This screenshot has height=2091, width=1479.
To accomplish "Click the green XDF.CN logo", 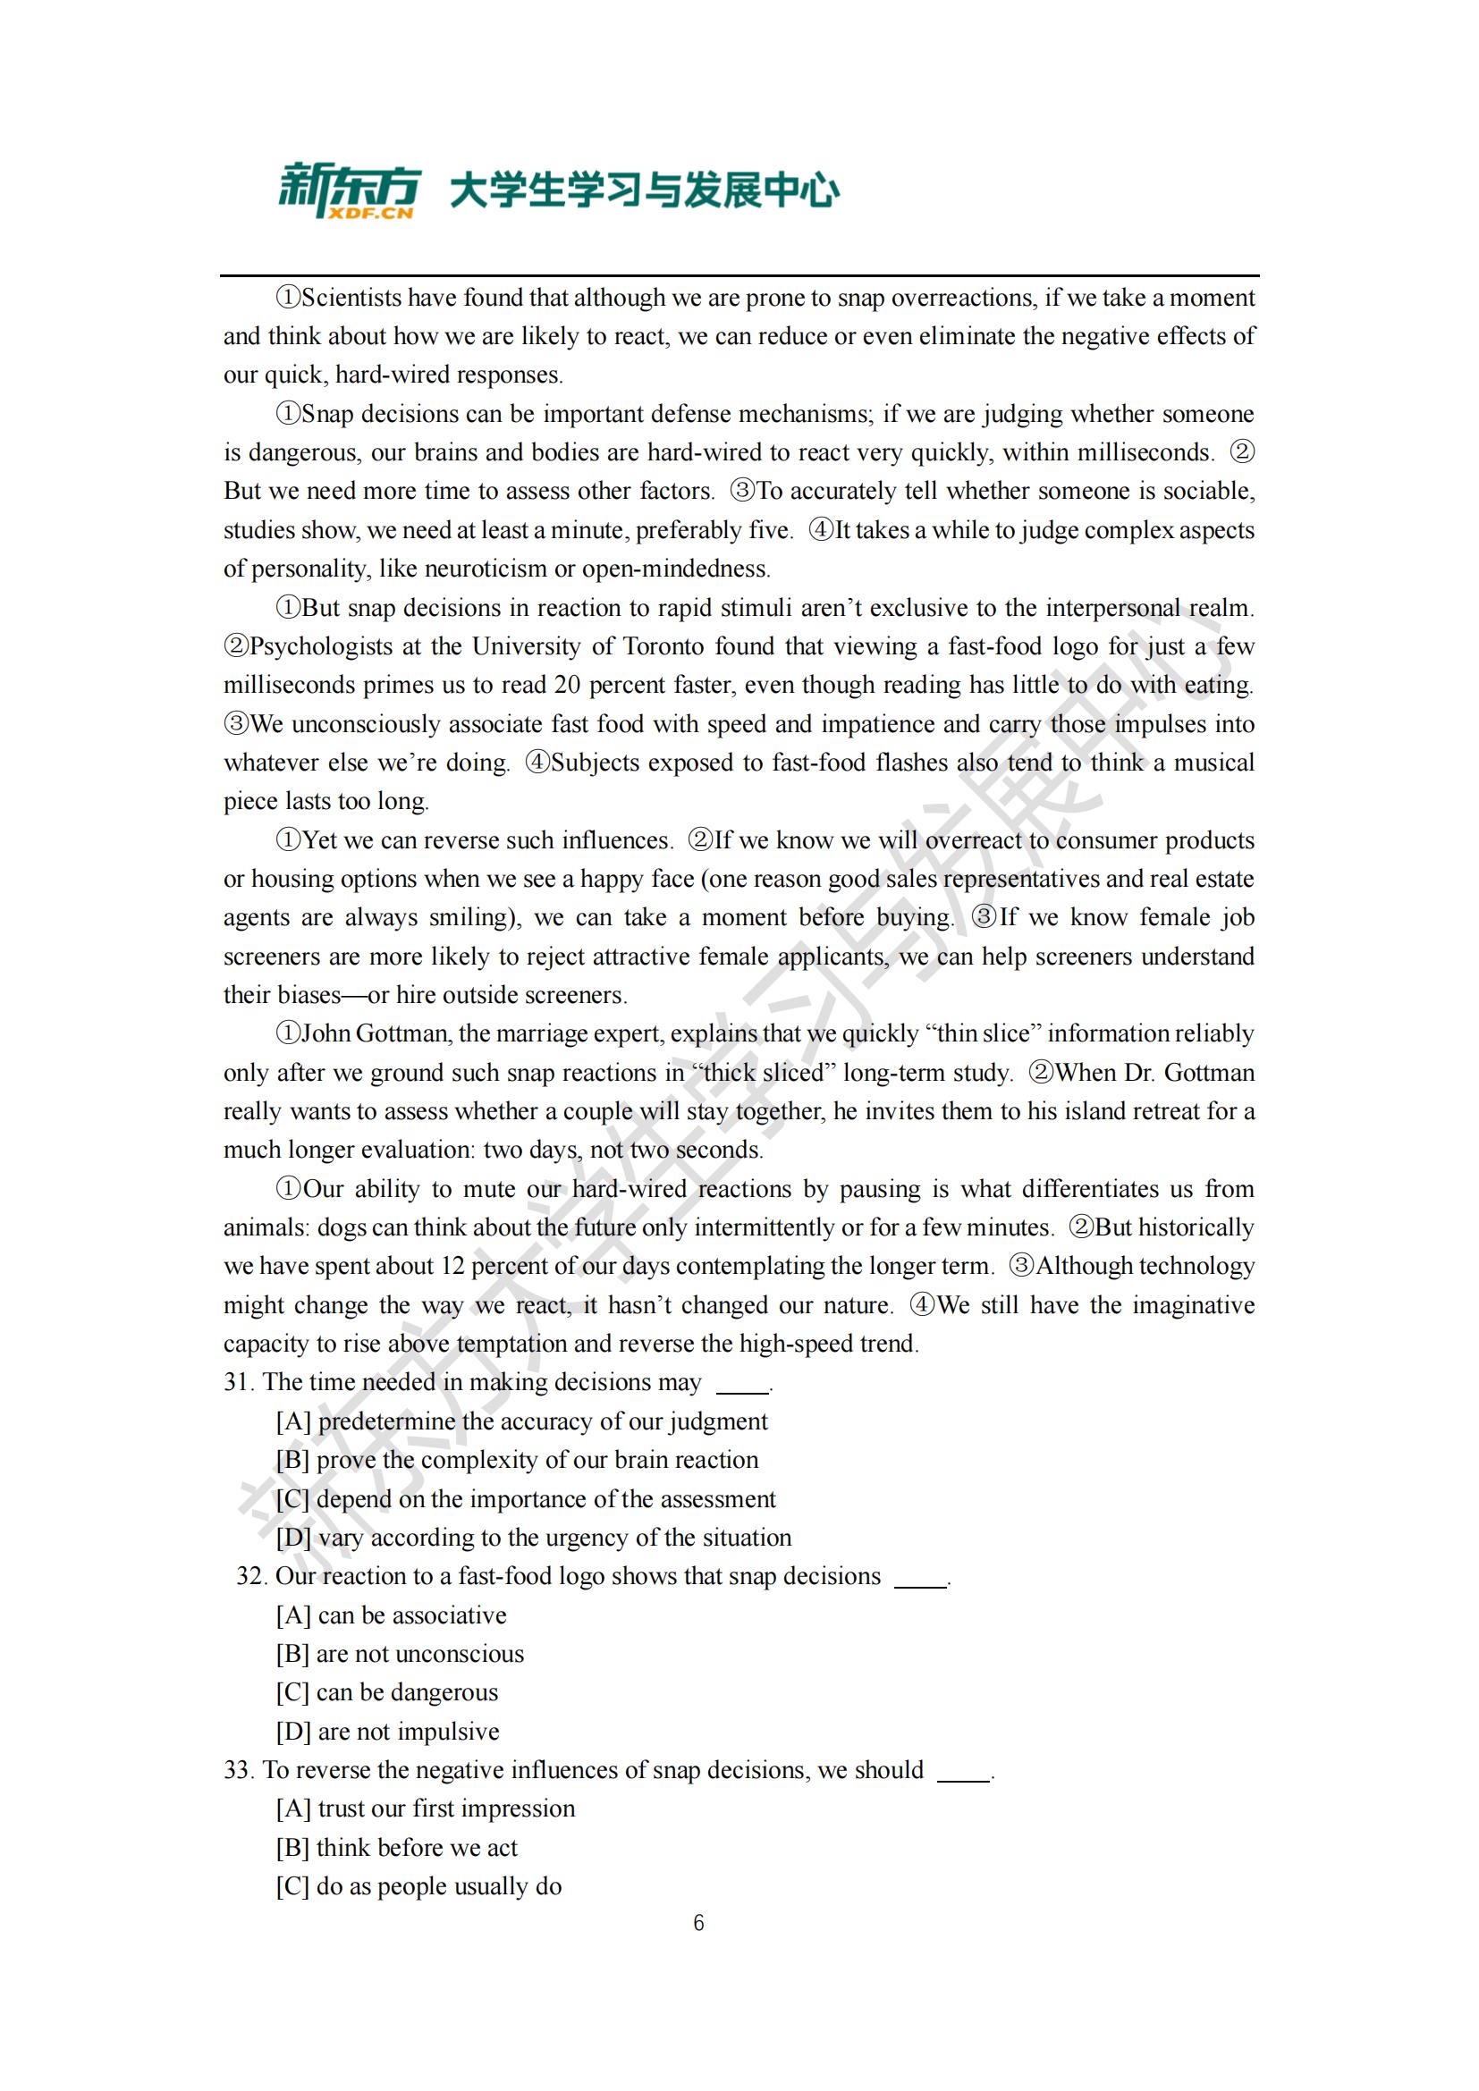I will click(349, 190).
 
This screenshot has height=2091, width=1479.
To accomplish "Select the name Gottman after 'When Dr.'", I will click(1209, 1073).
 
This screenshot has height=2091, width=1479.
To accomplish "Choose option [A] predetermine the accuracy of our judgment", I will click(522, 1421).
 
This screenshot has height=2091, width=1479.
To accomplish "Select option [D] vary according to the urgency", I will click(534, 1538).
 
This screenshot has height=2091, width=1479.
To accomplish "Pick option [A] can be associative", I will click(392, 1615).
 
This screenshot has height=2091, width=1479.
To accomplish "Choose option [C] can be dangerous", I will click(387, 1692).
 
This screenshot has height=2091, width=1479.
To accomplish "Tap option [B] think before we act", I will click(397, 1847).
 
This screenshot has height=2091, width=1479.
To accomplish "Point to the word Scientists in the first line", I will click(351, 298).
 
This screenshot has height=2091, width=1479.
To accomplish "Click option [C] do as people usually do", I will click(418, 1885).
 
